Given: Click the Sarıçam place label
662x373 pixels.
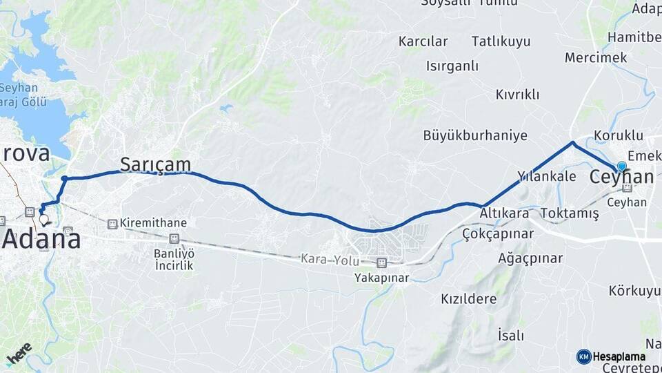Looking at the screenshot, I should [155, 164].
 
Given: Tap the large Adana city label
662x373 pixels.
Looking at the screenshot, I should [41, 239].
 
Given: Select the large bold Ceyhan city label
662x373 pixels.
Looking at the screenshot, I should [621, 178].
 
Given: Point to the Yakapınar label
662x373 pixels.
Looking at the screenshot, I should [382, 278].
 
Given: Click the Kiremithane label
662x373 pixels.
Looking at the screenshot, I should [153, 223].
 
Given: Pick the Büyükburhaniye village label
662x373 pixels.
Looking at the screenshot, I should [475, 135].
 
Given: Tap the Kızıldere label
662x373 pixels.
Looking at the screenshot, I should [468, 299].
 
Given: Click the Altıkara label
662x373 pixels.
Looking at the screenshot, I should [505, 213].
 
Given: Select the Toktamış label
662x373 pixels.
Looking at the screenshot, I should [570, 213].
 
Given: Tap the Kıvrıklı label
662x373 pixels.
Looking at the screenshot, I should [517, 95].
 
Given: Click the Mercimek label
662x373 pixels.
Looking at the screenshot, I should [596, 57].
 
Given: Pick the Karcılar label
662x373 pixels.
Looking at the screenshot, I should [423, 41].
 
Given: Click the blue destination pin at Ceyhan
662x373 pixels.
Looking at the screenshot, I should [622, 166].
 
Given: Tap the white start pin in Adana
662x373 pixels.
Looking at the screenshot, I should [45, 220].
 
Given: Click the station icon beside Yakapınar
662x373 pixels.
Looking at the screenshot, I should [381, 262].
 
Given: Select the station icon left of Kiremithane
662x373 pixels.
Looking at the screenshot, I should [112, 223].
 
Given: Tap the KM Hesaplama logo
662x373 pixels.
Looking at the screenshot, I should [611, 356].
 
